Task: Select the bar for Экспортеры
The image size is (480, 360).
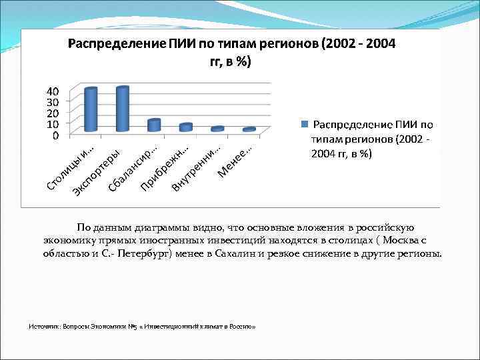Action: click(x=122, y=109)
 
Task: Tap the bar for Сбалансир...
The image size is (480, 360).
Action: click(x=154, y=125)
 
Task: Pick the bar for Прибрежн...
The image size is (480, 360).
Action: click(x=186, y=127)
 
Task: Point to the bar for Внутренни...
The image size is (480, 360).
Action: click(x=217, y=129)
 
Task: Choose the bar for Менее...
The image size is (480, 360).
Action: click(x=249, y=129)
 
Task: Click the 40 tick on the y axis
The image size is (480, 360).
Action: click(x=52, y=91)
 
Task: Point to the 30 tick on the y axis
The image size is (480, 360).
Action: click(x=52, y=102)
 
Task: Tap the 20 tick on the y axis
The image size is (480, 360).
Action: click(x=52, y=113)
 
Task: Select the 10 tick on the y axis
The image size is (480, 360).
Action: click(x=52, y=124)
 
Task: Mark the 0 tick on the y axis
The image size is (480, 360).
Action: click(x=55, y=135)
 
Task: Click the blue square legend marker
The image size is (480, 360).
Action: click(x=306, y=124)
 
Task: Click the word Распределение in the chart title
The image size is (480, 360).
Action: click(x=114, y=45)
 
